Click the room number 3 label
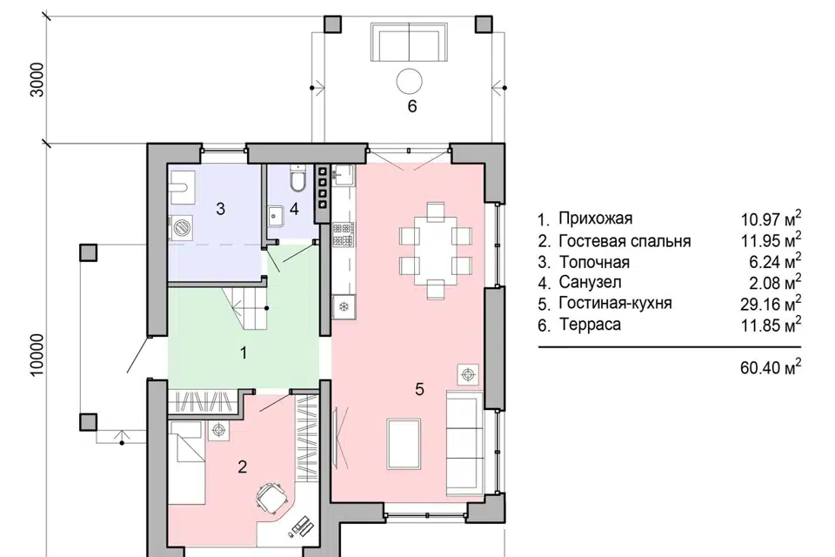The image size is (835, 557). (220, 209)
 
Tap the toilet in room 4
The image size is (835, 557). (297, 178)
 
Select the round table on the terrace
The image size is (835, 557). (410, 82)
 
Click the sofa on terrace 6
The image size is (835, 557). (409, 42)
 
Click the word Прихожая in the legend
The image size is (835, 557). (595, 218)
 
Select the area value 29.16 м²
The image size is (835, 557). (771, 303)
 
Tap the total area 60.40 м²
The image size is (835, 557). (771, 366)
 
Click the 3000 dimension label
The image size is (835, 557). (37, 80)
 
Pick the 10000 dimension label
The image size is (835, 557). (37, 355)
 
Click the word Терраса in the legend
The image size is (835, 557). (590, 324)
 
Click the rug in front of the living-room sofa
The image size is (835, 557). (404, 444)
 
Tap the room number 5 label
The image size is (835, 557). (419, 389)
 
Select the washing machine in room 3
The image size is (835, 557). (181, 227)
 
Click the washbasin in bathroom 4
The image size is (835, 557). (276, 215)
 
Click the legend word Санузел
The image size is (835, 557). (590, 282)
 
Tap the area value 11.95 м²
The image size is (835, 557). (771, 240)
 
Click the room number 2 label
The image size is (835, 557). (243, 466)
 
